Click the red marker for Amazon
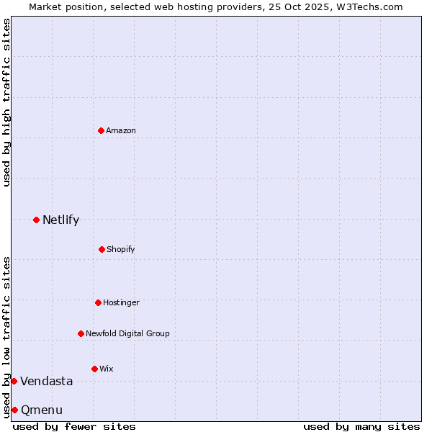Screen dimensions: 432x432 tap(102, 130)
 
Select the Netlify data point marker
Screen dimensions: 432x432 tap(36, 220)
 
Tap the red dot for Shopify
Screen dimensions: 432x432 tap(102, 249)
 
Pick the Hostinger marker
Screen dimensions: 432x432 tap(98, 302)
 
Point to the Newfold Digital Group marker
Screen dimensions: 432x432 tap(81, 333)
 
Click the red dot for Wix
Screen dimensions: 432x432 tap(94, 369)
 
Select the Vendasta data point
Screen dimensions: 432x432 tap(14, 381)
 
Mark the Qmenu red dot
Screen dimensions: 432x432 tap(14, 410)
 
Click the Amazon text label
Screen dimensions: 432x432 tap(121, 130)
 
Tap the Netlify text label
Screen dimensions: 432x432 tap(60, 220)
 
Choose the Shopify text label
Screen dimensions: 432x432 tap(121, 249)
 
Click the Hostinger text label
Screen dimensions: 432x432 tap(121, 302)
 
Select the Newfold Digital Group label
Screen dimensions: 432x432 tap(127, 333)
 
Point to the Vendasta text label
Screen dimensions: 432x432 tap(46, 381)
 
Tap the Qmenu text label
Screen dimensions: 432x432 tap(42, 410)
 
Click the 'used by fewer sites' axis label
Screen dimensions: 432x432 tap(74, 426)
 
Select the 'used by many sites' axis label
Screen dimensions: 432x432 tap(361, 426)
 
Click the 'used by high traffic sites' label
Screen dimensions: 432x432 tap(6, 102)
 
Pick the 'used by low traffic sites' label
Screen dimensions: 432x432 tap(6, 337)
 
